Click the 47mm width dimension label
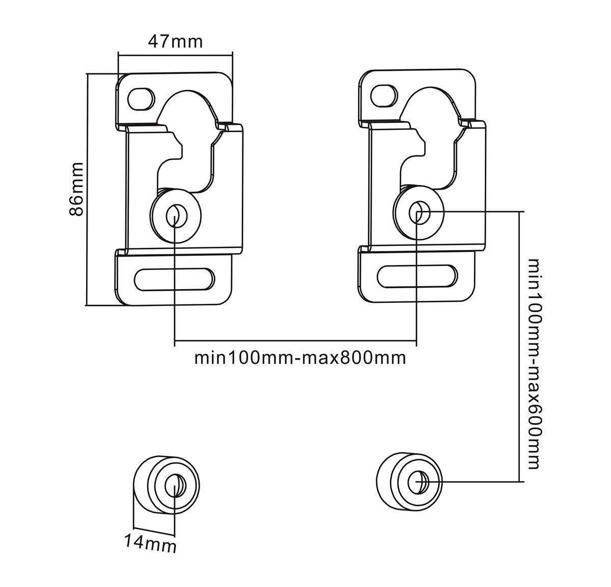175,41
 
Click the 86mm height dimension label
76,189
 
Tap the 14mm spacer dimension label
151,543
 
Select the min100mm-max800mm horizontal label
300,358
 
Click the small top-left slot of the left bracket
142,98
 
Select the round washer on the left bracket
175,216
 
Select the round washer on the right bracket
418,212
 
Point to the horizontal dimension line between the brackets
295,341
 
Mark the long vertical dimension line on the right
519,346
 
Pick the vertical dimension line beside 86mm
88,189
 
